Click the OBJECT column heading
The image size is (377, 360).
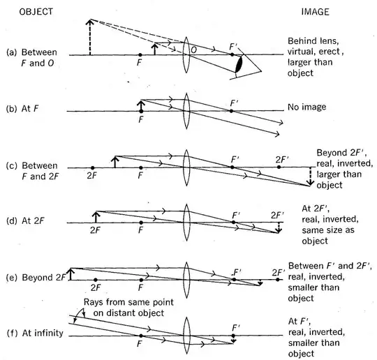36,12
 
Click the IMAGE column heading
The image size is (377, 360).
315,12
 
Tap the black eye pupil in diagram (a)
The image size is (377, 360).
239,64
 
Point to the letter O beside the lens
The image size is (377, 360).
193,50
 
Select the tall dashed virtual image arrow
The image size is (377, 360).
90,37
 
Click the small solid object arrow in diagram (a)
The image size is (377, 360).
155,49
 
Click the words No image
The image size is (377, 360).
306,107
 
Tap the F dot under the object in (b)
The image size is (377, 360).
141,111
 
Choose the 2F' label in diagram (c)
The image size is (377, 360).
282,159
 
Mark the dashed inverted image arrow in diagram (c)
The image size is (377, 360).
311,177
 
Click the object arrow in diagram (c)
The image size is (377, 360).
115,162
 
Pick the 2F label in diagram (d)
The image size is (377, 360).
95,230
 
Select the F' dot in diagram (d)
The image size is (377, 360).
233,223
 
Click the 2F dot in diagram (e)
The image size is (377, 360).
96,280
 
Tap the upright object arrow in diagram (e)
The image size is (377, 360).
71,274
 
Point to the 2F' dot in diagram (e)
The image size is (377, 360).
278,280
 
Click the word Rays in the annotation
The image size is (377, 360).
94,302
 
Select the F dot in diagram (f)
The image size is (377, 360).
141,336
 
